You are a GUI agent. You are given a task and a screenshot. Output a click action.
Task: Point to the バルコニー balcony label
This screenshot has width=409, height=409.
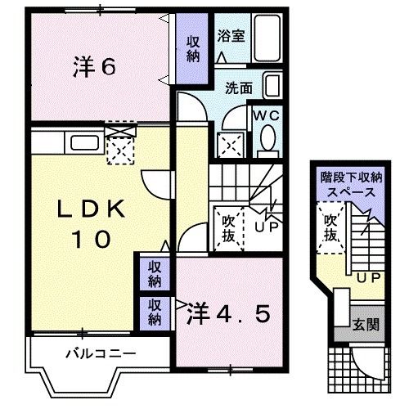click(100, 354)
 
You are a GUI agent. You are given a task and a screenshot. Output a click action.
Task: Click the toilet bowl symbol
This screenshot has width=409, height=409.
click(266, 144)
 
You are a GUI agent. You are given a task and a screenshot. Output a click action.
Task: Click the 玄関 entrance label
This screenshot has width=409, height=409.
click(366, 325)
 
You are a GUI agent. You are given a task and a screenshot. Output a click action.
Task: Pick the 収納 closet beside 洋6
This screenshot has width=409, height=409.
click(193, 49)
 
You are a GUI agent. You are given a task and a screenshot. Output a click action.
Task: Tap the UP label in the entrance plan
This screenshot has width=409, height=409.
click(367, 278)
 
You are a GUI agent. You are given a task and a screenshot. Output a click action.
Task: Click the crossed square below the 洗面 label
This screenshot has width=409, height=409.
click(229, 146)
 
